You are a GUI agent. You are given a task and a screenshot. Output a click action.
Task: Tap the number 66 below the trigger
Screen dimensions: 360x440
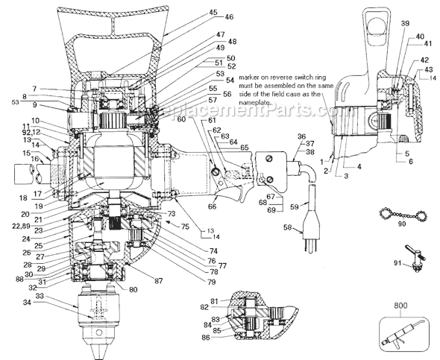[x=213, y=206]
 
